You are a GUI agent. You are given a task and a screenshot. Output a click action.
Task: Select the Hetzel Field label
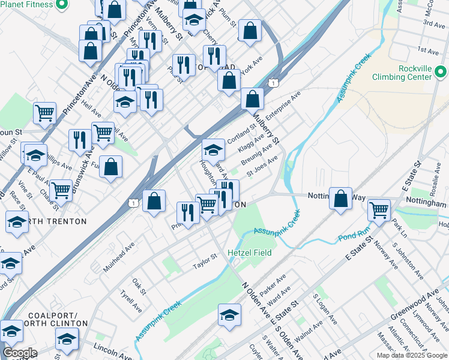(249, 253)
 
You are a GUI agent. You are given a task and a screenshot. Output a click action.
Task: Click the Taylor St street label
(203, 263)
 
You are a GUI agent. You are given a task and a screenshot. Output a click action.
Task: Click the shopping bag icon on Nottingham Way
(340, 199)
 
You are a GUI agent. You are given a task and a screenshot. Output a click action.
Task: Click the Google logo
(20, 353)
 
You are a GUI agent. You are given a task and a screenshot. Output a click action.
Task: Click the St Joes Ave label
(262, 163)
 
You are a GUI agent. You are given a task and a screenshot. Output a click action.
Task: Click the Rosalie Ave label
(432, 177)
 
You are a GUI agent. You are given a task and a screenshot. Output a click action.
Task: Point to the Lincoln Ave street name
(112, 350)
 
